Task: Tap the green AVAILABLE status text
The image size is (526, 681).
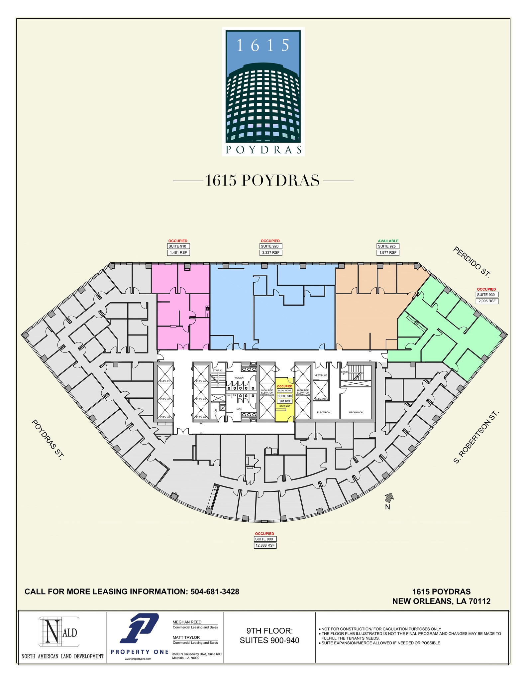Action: (x=388, y=241)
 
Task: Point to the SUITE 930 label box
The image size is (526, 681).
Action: (x=487, y=295)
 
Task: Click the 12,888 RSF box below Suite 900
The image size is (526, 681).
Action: (x=265, y=546)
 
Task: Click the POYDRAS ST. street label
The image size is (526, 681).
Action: (x=47, y=440)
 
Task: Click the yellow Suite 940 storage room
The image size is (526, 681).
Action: (x=285, y=412)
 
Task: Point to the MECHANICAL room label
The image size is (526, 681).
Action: (x=356, y=412)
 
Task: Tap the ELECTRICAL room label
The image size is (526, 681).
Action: (x=324, y=412)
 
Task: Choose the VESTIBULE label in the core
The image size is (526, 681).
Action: (x=321, y=375)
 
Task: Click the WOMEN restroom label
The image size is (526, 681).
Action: (x=239, y=378)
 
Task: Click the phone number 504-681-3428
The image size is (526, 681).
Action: (x=215, y=592)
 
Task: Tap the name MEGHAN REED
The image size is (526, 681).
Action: (x=187, y=622)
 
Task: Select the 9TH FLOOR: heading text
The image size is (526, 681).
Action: (x=269, y=631)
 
